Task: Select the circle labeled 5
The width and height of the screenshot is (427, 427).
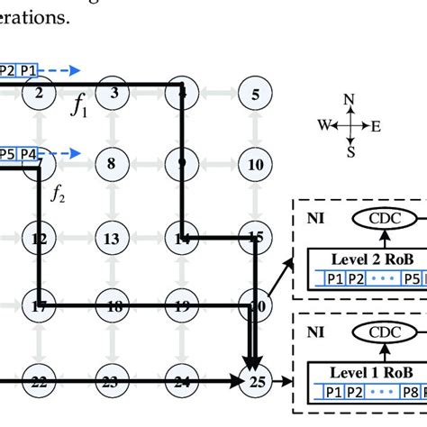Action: [x=257, y=93]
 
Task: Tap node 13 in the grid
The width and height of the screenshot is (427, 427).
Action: [x=112, y=239]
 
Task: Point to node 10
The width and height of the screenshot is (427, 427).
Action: [x=257, y=165]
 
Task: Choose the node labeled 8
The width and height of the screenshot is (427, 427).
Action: [x=112, y=165]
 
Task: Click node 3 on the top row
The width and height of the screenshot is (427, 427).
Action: [x=112, y=93]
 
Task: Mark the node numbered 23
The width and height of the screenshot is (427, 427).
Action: [x=112, y=382]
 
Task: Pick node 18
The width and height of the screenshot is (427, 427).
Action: [x=112, y=307]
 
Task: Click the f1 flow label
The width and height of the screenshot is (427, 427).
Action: [x=79, y=112]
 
